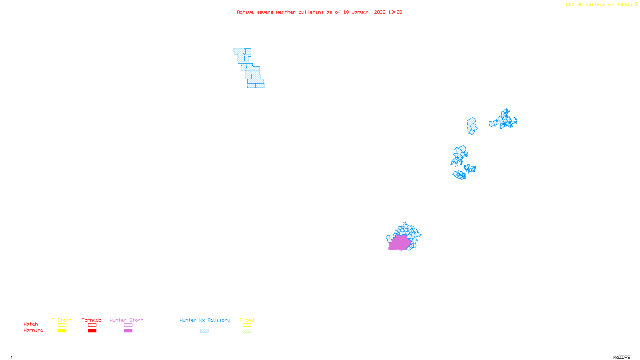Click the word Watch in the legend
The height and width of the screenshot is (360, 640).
coord(31,324)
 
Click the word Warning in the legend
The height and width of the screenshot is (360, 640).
coord(33,330)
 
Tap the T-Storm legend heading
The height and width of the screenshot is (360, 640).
coord(62,320)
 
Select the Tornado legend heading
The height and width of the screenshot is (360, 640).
coord(92,320)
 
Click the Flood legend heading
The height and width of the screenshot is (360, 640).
coord(247,320)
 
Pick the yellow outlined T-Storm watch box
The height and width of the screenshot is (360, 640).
coord(62,325)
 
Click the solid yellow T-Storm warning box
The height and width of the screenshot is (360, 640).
coord(62,331)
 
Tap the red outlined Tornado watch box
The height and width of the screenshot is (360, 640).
coord(92,325)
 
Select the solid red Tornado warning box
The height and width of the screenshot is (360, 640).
coord(92,331)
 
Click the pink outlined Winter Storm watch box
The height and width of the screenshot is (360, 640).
coord(128,325)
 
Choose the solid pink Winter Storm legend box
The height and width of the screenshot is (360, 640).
coord(128,331)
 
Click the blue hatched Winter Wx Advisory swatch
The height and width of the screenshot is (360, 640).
coord(204,331)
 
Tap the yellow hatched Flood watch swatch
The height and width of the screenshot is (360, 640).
coord(247,325)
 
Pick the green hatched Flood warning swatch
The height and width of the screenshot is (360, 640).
coord(247,331)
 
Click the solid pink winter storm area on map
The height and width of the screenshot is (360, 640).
coord(399,243)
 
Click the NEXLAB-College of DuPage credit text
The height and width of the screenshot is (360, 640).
coord(600,5)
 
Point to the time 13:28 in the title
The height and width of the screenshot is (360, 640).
coord(395,12)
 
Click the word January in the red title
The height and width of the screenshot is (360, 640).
coord(362,12)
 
